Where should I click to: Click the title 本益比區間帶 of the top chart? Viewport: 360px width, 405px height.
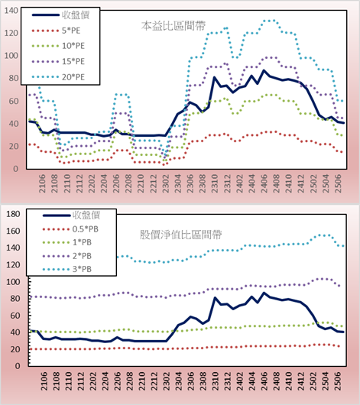(174, 26)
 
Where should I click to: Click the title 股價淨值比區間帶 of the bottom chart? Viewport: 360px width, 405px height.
(180, 235)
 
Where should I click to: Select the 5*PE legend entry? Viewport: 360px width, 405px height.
(56, 31)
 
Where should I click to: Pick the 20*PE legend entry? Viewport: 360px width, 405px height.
(58, 77)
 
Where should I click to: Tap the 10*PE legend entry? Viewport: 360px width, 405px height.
(58, 46)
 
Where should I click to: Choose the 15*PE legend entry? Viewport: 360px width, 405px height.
(58, 61)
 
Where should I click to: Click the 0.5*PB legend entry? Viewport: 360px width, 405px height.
(70, 229)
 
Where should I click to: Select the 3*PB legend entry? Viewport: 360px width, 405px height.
(67, 269)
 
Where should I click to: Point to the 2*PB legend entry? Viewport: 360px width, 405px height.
(67, 256)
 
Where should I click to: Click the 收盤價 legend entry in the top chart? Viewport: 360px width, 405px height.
(60, 15)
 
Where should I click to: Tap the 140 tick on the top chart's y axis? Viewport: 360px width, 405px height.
(11, 11)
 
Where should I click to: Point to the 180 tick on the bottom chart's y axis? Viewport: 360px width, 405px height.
(13, 214)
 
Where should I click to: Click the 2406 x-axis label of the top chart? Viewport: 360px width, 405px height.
(264, 183)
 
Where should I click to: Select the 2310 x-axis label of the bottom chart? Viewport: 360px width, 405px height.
(215, 381)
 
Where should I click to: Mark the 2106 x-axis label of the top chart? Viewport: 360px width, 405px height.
(42, 183)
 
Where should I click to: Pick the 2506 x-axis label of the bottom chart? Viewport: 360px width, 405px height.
(338, 381)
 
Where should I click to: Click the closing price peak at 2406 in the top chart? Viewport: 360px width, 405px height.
(264, 70)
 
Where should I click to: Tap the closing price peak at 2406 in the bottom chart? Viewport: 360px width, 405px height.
(264, 293)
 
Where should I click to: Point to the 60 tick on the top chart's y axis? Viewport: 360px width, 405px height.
(14, 101)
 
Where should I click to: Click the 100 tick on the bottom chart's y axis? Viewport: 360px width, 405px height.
(13, 281)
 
